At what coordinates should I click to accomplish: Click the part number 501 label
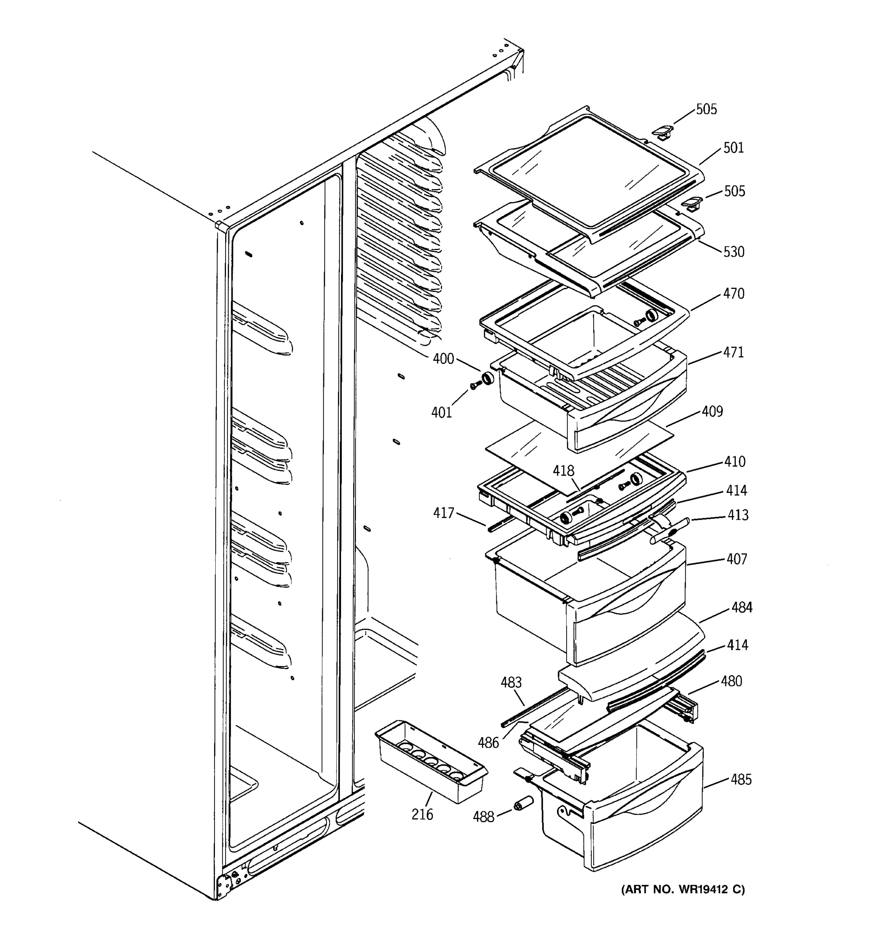(x=733, y=148)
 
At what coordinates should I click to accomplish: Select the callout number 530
(x=734, y=252)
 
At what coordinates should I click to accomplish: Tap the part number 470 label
(x=733, y=294)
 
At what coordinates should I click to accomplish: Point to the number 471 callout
(x=733, y=352)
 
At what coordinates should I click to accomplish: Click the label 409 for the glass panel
(x=712, y=411)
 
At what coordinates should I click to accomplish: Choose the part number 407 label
(x=737, y=559)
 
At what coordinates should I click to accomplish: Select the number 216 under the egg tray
(x=422, y=814)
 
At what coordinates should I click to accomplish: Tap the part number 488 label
(x=483, y=816)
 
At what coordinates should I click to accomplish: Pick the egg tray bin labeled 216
(x=429, y=763)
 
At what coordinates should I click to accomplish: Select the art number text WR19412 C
(x=683, y=890)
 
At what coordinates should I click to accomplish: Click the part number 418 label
(x=563, y=471)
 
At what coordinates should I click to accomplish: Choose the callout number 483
(x=511, y=682)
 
